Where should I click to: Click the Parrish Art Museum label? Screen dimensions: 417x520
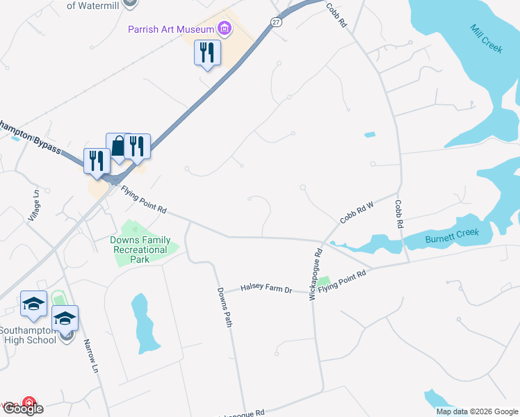(x=171, y=28)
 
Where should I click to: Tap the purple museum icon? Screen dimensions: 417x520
(x=225, y=28)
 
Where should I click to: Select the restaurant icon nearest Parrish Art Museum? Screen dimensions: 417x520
(x=207, y=52)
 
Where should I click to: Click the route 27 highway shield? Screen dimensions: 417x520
(x=277, y=22)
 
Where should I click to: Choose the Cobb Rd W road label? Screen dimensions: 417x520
(x=357, y=212)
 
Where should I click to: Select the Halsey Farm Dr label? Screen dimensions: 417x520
(x=266, y=287)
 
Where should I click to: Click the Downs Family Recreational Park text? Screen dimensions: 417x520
(x=140, y=250)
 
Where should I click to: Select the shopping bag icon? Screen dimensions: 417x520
(x=119, y=147)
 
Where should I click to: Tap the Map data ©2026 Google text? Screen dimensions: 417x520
(x=477, y=411)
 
